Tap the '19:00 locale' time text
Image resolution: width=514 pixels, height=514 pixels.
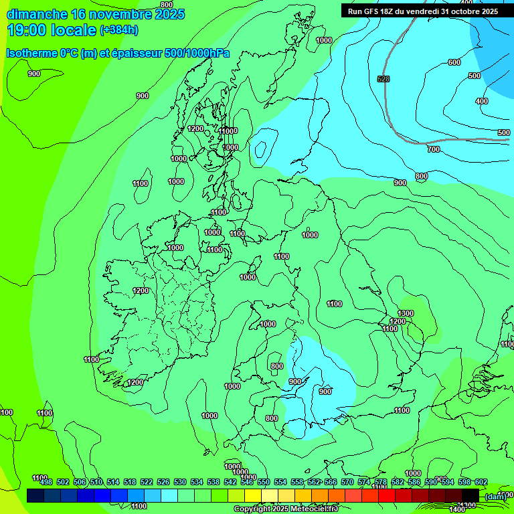click(x=51, y=29)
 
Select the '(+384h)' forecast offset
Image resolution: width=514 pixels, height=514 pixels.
click(x=119, y=30)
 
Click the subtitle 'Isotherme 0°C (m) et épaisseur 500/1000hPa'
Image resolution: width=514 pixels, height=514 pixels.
click(x=118, y=53)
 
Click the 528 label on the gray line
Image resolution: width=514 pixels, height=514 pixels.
click(x=383, y=79)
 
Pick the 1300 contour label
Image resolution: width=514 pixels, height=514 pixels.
click(x=406, y=313)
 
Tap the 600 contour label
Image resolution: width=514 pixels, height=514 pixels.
click(x=454, y=62)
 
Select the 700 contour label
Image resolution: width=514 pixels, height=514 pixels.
click(x=434, y=149)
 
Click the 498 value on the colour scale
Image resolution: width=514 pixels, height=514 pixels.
click(x=46, y=482)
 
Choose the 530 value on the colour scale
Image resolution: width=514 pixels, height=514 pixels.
click(x=180, y=482)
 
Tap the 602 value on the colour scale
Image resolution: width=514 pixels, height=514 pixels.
click(x=481, y=482)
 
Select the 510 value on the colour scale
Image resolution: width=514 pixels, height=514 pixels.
click(x=96, y=482)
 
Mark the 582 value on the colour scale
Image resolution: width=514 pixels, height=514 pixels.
click(x=398, y=482)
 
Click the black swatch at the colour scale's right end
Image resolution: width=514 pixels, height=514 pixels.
click(x=470, y=495)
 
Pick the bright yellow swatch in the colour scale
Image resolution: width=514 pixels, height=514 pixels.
click(x=253, y=495)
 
